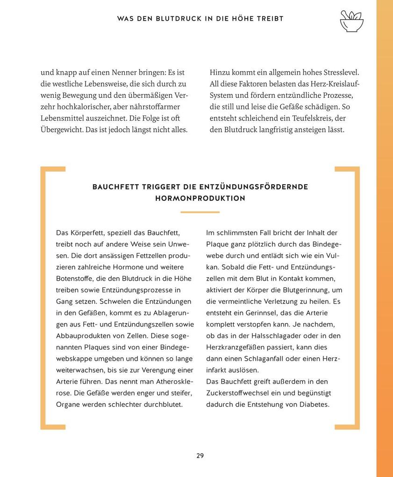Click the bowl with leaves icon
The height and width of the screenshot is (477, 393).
351,21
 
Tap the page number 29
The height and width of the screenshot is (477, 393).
200,455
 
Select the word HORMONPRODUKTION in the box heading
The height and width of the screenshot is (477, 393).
200,198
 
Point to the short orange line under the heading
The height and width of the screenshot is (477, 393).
200,212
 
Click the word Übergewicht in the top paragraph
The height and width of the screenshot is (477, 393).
62,130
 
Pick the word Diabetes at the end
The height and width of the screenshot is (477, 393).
314,405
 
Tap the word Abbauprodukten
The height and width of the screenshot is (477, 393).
83,336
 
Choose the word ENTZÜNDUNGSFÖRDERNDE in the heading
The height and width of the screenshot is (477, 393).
254,187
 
